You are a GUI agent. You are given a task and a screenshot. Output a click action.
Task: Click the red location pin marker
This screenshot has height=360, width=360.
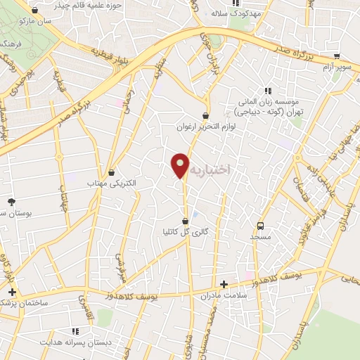pyautogui.click(x=181, y=166)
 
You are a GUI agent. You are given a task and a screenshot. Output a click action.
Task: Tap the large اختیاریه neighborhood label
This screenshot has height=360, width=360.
pyautogui.click(x=214, y=169)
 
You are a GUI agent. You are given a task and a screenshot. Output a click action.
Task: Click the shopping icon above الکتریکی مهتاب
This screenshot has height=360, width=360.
pyautogui.click(x=112, y=172)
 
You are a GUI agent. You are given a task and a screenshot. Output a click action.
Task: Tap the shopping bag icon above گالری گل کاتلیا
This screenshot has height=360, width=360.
pyautogui.click(x=185, y=221)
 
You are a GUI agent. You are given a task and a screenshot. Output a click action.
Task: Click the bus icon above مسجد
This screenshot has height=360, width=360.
pyautogui.click(x=261, y=226)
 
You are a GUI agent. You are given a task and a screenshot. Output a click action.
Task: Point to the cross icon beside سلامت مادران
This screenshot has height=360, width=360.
pyautogui.click(x=224, y=285)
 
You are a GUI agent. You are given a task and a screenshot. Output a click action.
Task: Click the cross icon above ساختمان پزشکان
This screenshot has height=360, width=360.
pyautogui.click(x=11, y=291)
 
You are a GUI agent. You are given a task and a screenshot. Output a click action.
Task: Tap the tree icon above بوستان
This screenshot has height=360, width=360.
pyautogui.click(x=11, y=202)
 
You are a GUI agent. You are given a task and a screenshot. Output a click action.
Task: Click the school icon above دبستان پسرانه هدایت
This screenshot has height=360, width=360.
pyautogui.click(x=75, y=330)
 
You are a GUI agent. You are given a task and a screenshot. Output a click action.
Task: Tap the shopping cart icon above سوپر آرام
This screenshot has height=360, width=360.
pyautogui.click(x=337, y=56)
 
